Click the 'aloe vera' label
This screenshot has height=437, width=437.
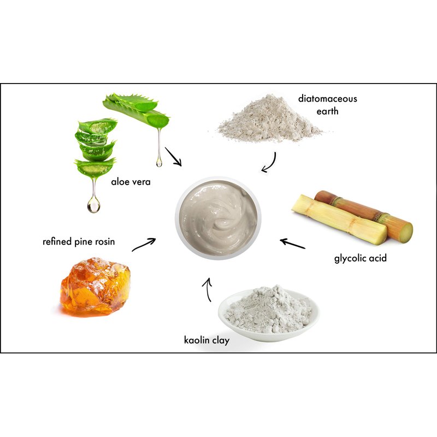click(131, 182)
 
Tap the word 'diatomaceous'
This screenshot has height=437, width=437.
click(327, 99)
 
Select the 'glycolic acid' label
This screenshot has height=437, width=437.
click(361, 258)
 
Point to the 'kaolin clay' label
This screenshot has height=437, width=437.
click(207, 340)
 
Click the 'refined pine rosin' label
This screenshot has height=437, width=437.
click(79, 241)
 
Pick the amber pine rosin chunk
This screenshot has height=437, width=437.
click(95, 287)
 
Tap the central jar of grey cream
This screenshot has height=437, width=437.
click(218, 217)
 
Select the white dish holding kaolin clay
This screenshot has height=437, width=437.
click(269, 315)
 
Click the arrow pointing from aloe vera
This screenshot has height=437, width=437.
click(173, 157)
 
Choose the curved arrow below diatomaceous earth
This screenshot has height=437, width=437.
click(270, 163)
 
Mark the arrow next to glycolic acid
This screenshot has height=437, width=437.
click(293, 243)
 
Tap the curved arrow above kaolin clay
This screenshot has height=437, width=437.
click(208, 290)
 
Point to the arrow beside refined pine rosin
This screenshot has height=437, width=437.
click(144, 244)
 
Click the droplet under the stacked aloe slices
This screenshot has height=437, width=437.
click(93, 204)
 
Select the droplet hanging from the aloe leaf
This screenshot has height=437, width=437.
click(159, 161)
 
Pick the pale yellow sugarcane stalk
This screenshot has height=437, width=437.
click(339, 220)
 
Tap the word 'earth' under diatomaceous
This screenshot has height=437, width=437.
click(327, 111)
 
